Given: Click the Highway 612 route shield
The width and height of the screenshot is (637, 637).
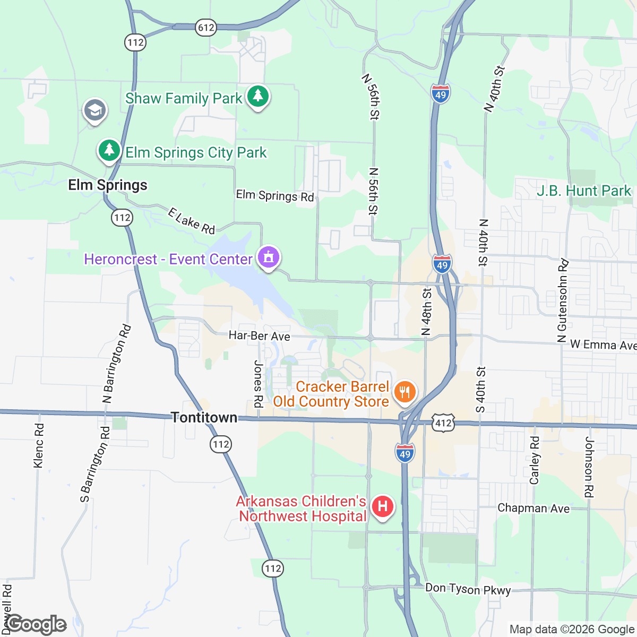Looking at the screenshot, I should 206,27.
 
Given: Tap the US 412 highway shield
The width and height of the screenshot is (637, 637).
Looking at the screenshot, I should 443,423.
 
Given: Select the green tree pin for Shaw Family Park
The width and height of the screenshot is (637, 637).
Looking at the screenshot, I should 258,97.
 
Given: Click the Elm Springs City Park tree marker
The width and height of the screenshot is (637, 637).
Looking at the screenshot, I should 109,151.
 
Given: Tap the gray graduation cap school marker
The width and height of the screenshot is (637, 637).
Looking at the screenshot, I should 95,111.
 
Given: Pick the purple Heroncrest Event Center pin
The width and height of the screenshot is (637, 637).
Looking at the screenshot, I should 269,259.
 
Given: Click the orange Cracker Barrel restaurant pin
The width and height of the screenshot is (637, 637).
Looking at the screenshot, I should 405,393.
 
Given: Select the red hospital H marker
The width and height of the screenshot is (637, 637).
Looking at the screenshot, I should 382,506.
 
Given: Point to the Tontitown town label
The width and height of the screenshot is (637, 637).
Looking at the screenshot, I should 204,418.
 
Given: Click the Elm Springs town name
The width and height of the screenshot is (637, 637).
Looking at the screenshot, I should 108,185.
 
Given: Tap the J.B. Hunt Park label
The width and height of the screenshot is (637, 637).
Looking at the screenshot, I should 584,191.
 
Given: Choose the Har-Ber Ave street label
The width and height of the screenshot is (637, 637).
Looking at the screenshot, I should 260,336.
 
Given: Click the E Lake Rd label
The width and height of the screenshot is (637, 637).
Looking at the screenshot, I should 191,221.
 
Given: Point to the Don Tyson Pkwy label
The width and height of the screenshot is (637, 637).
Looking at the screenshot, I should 468,589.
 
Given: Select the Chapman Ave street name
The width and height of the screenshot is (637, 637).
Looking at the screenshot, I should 533,508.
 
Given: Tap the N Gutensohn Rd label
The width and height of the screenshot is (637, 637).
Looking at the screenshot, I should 563,301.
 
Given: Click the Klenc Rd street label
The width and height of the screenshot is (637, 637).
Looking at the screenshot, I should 39,445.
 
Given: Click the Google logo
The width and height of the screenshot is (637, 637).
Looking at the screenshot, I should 36,625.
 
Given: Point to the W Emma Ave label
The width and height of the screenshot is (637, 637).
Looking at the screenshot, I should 603,345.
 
